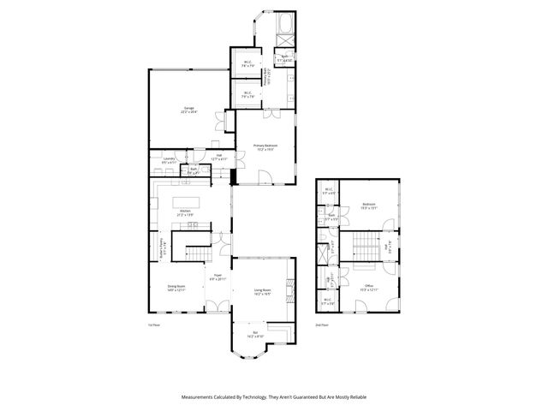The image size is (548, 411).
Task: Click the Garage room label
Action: tap(188, 110)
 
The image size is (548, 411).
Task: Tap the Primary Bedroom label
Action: tap(265, 147)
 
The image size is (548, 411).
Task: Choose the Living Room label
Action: tap(262, 291)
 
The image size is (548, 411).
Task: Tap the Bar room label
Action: tap(254, 333)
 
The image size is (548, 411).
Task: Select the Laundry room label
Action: tap(169, 159)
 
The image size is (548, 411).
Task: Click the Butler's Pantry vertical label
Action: tap(164, 248)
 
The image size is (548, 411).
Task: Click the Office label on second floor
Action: tap(369, 288)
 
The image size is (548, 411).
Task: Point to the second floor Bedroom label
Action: tap(369, 205)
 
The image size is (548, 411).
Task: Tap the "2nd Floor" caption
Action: tap(323, 325)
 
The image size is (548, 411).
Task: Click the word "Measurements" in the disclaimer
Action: tap(204, 397)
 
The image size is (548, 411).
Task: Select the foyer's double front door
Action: tap(218, 307)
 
